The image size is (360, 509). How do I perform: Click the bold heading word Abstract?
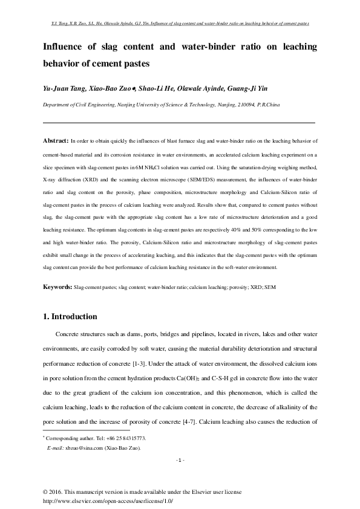(x=56, y=140)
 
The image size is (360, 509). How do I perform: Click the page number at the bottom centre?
(x=180, y=461)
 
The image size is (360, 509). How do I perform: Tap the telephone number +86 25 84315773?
(x=126, y=438)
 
